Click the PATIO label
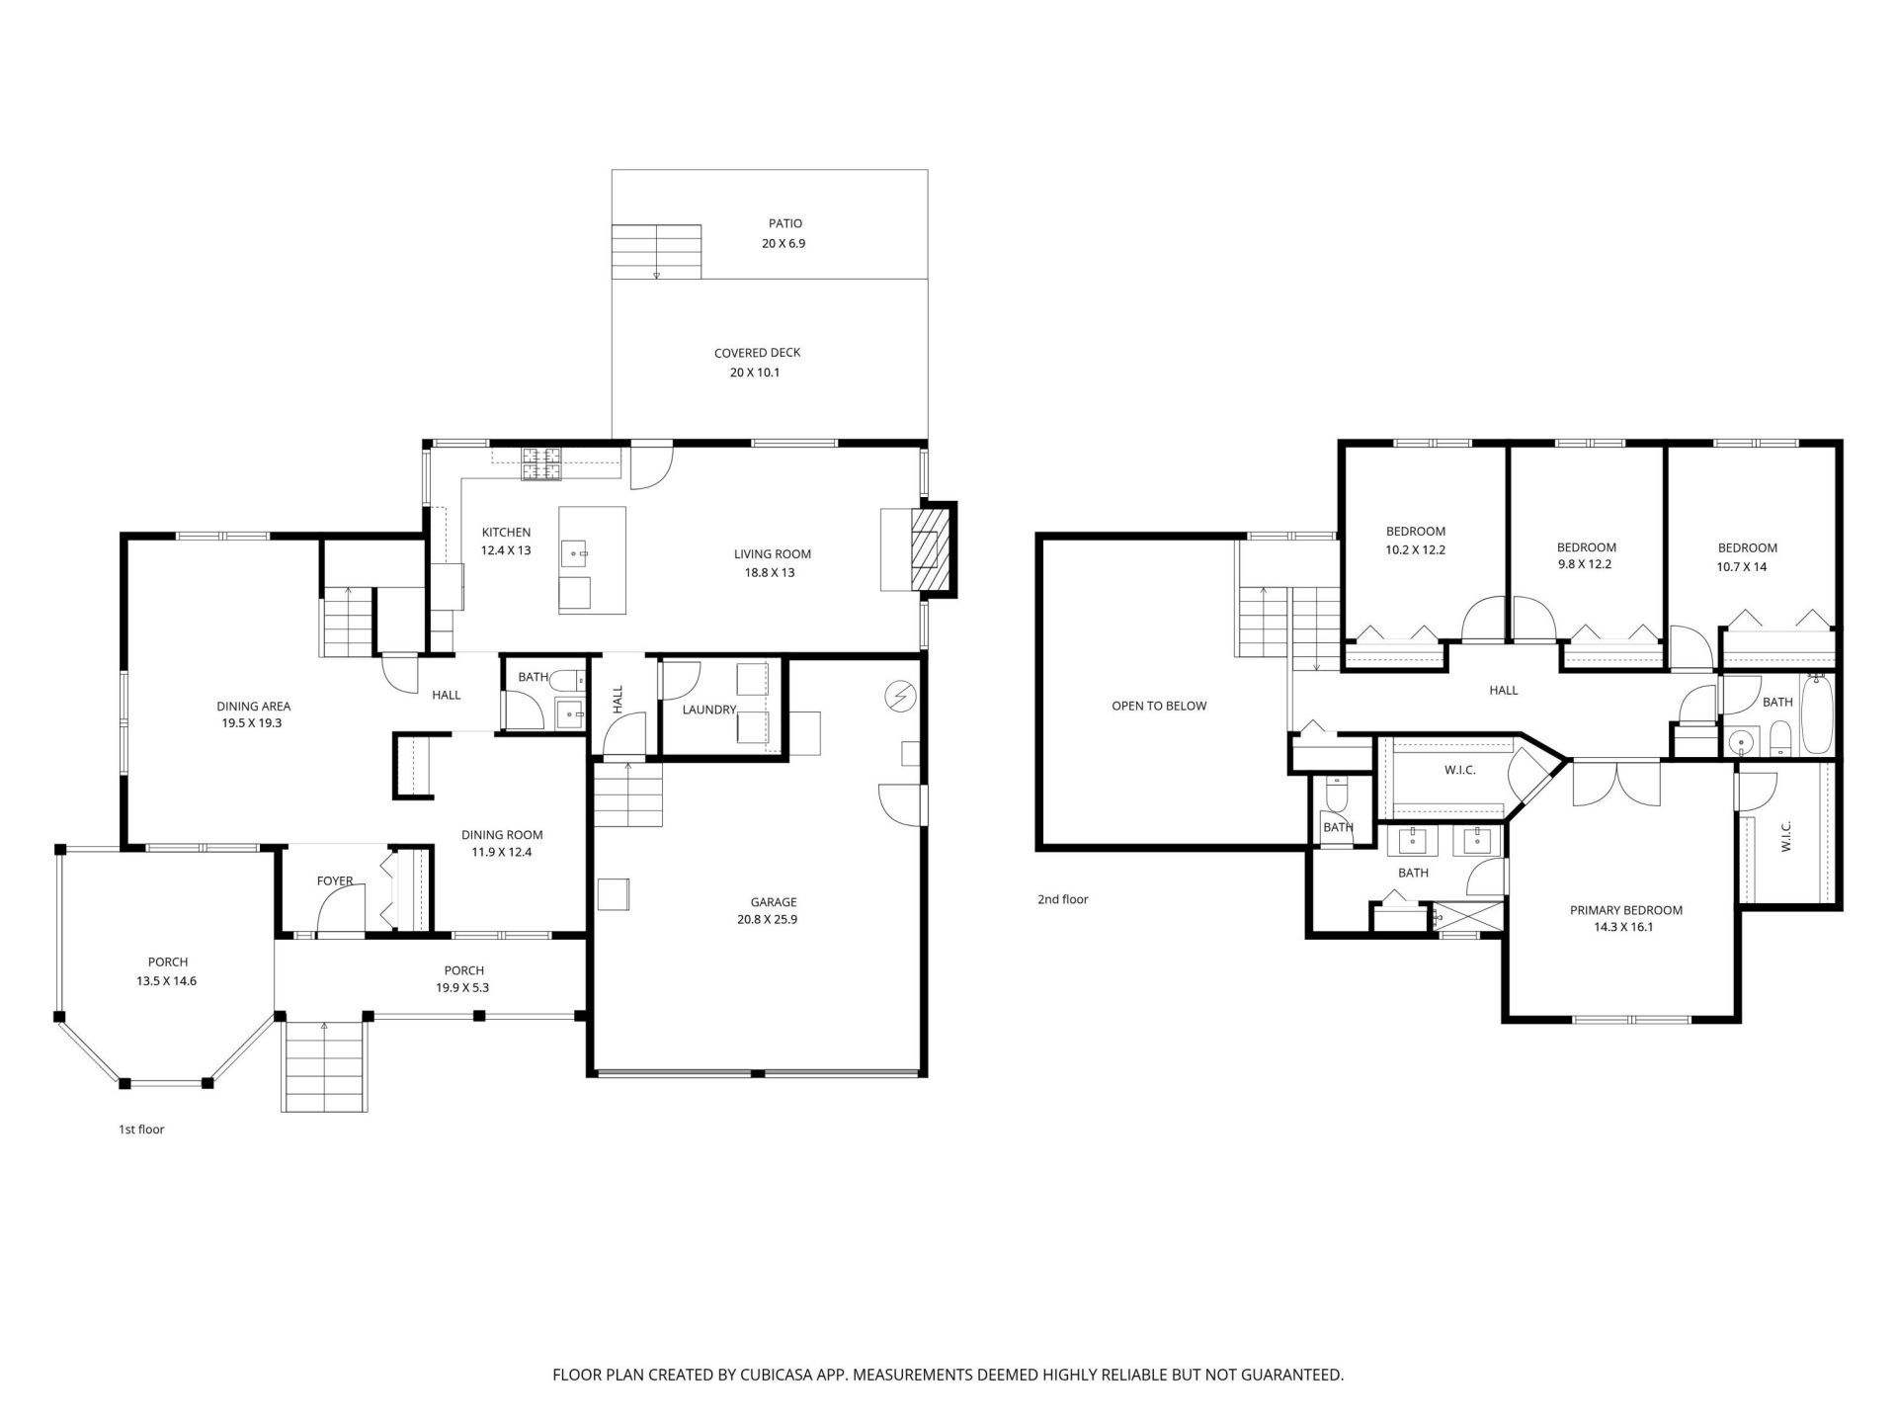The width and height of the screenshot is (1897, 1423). click(785, 223)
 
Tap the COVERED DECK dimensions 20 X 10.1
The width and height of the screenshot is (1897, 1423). click(755, 373)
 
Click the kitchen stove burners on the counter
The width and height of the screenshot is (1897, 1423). click(542, 464)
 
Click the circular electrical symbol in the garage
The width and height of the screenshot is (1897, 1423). click(899, 697)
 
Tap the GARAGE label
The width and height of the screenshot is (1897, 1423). click(773, 901)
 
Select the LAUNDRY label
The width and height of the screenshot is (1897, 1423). click(708, 710)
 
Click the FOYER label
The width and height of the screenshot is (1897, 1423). click(335, 880)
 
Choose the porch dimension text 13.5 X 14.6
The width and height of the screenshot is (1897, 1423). click(166, 981)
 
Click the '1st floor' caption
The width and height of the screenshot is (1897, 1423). click(141, 1129)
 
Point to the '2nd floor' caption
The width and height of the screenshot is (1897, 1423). click(1062, 899)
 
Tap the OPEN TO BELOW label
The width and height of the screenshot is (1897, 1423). click(1159, 706)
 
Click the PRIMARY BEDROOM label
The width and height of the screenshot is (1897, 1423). click(1625, 910)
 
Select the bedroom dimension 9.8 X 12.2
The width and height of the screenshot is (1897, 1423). click(1585, 564)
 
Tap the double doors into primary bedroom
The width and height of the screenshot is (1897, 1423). click(1616, 783)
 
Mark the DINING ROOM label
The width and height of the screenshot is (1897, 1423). click(501, 835)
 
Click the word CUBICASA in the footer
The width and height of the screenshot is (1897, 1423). click(774, 1375)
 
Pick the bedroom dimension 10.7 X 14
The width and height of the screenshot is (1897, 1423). click(1741, 567)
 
